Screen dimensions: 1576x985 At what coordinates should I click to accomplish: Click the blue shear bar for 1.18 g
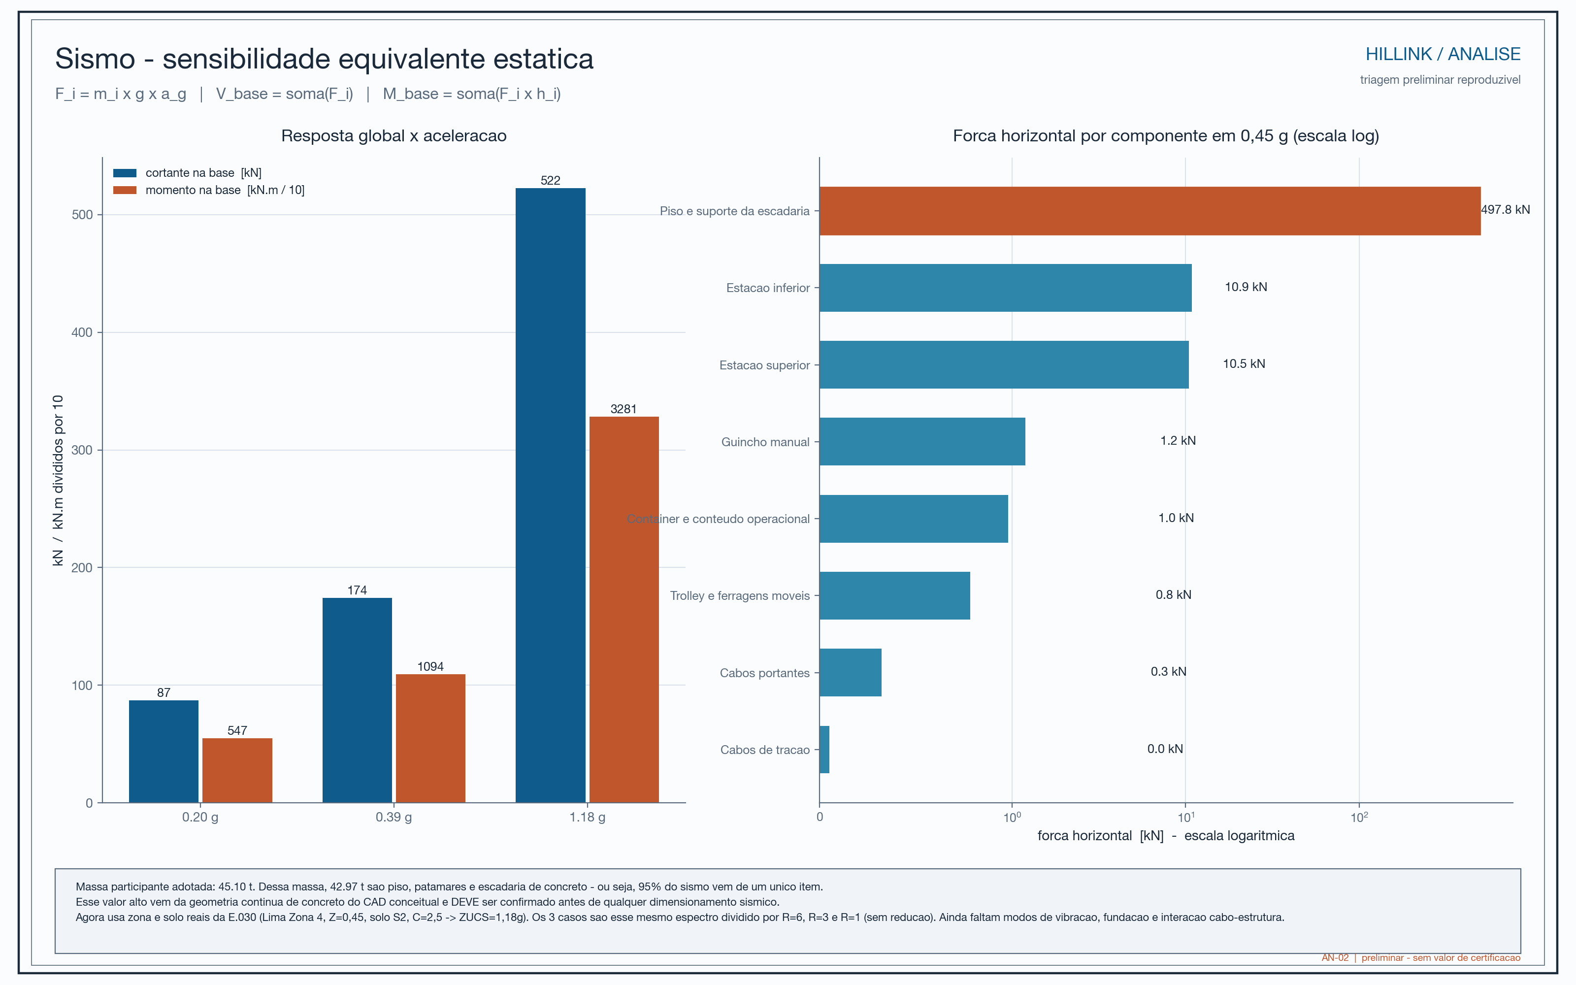point(550,495)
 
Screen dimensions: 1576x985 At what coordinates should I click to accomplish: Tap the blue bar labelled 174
point(357,700)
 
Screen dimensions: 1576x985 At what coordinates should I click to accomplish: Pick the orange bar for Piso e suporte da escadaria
point(1149,211)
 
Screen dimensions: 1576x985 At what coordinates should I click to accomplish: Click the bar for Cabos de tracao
point(824,750)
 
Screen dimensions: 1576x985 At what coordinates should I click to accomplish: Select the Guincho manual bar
point(922,442)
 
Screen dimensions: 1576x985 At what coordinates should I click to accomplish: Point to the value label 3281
point(623,409)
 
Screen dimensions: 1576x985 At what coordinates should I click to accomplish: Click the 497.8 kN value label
point(1505,210)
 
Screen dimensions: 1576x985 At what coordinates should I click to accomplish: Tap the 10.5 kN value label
point(1244,363)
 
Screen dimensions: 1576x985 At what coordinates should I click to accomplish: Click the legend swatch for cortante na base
point(125,173)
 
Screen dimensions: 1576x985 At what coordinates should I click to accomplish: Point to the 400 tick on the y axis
point(82,332)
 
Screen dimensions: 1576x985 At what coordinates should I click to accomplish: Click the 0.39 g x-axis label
point(394,817)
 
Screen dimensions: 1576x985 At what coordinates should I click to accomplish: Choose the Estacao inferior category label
point(768,288)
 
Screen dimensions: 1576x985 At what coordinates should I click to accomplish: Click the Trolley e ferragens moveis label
point(740,595)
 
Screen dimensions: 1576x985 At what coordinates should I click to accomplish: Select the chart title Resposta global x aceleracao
point(394,135)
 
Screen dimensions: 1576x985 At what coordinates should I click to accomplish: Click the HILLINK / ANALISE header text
point(1443,54)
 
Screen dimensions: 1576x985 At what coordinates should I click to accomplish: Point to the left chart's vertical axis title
point(58,480)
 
